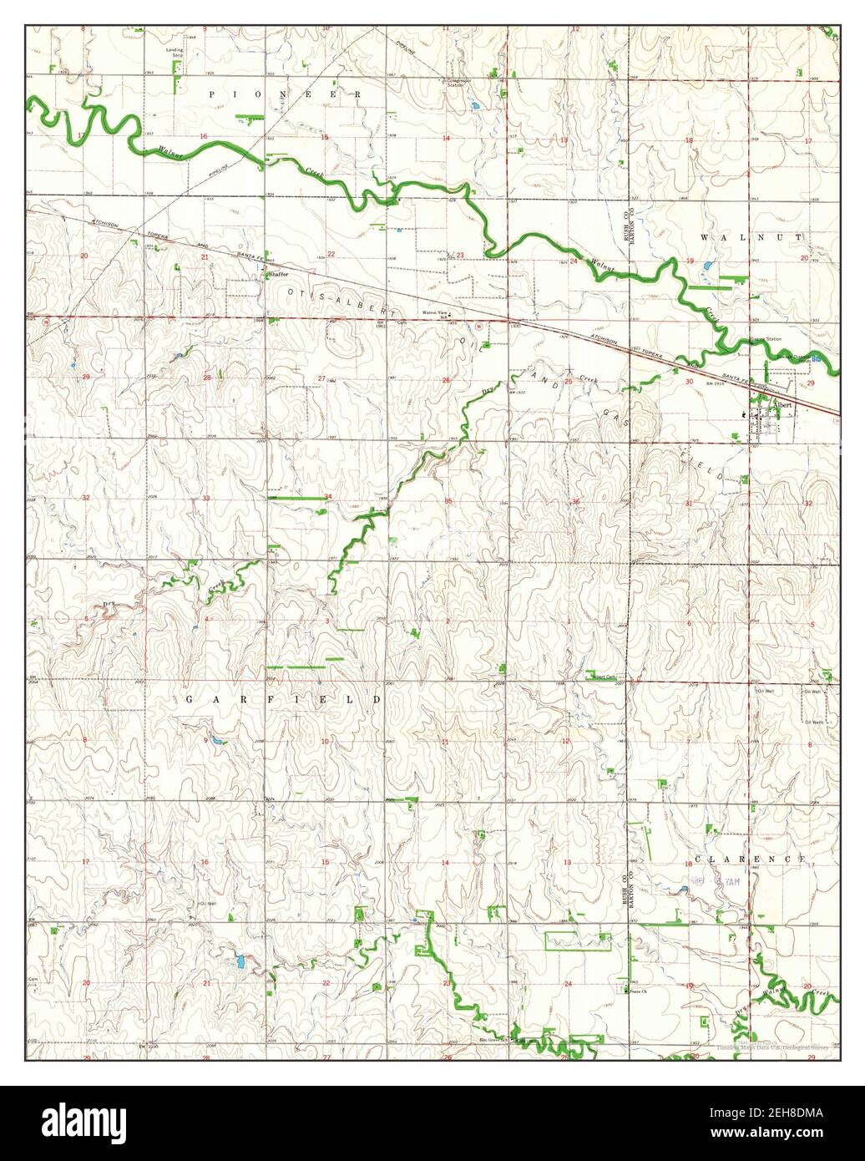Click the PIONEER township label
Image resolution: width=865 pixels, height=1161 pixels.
(x=286, y=95)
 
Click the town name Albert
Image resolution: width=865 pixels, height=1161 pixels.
(x=783, y=403)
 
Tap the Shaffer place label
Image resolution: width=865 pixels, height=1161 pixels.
(x=277, y=274)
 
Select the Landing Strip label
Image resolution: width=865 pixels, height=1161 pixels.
(x=175, y=53)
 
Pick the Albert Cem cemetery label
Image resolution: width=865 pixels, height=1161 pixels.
(x=604, y=677)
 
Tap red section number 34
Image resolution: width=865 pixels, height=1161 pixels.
(x=328, y=497)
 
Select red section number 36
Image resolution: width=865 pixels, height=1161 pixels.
(x=575, y=501)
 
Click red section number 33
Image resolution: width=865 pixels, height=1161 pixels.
(x=205, y=499)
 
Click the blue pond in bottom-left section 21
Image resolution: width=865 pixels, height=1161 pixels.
(x=240, y=961)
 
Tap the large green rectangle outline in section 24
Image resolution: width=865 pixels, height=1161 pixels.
(x=577, y=941)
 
